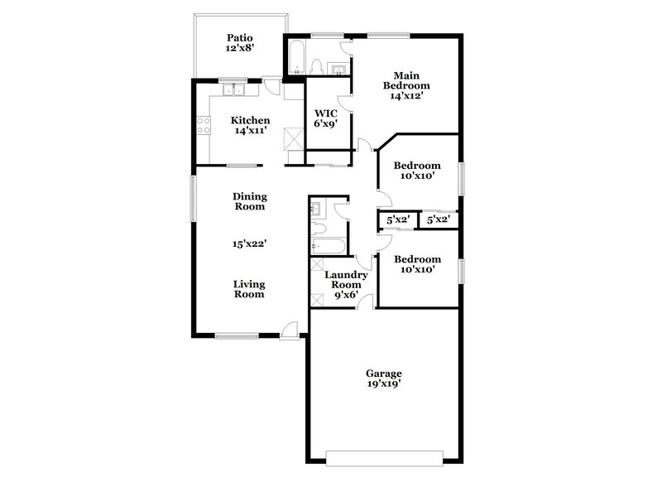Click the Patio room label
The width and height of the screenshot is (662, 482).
click(x=240, y=37)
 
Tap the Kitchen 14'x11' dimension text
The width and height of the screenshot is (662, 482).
click(x=250, y=132)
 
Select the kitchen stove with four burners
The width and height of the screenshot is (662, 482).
click(x=201, y=128)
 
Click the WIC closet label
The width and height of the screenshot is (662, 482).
click(x=324, y=116)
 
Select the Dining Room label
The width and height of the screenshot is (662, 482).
click(x=249, y=200)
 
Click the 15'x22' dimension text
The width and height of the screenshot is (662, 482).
click(x=249, y=243)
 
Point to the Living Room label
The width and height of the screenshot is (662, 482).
click(x=248, y=288)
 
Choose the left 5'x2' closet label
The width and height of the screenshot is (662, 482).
click(x=399, y=220)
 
